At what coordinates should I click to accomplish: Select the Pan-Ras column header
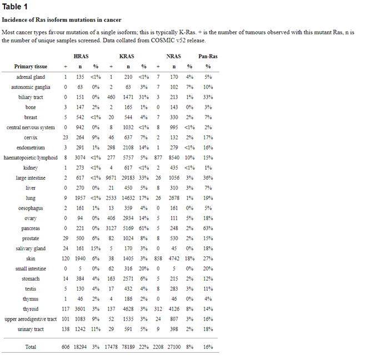coord(208,57)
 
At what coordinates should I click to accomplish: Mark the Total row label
coord(31,347)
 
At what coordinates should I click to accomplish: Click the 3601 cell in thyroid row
coord(80,308)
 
